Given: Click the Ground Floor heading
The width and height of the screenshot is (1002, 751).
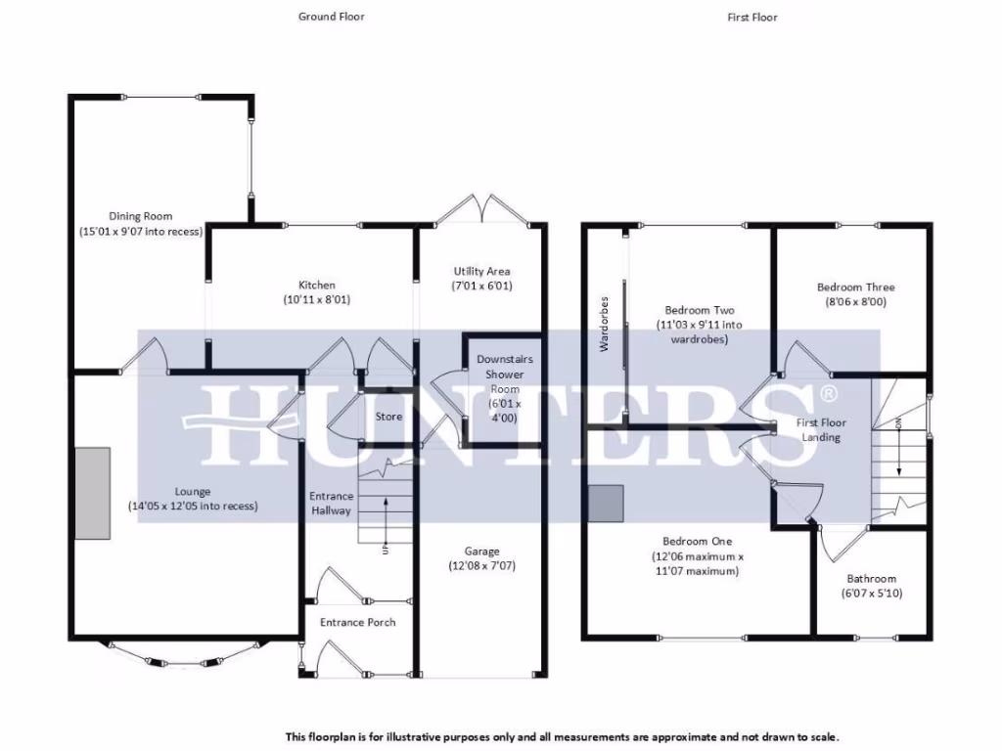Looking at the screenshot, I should point(331,17).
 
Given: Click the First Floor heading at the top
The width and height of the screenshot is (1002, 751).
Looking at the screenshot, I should point(752,17).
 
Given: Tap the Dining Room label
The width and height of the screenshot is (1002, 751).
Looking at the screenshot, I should point(140,216).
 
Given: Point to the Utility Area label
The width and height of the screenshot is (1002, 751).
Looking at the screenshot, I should point(481,271).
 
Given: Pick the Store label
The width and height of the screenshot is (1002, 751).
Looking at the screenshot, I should point(388,417).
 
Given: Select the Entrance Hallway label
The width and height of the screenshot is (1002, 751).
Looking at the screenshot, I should point(331,503).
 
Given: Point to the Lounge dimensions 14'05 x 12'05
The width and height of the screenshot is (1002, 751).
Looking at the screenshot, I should point(193,507).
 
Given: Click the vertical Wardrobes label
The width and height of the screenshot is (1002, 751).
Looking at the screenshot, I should point(605,324).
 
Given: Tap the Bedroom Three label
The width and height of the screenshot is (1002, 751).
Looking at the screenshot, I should point(855,287).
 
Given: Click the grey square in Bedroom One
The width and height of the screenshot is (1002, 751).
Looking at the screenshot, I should point(606,503).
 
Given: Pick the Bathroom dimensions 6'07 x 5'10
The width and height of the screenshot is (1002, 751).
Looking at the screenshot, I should point(871,593).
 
